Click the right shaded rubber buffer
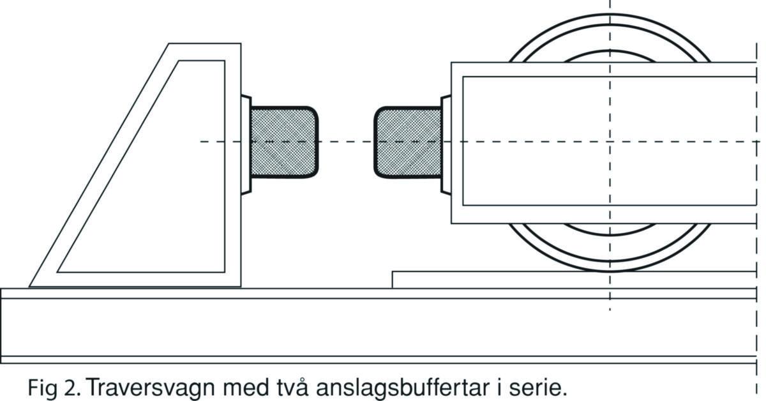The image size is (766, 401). tap(407, 142)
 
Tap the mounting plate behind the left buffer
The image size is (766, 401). tap(246, 144)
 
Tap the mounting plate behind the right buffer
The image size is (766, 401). tap(446, 144)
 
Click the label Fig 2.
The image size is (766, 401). tap(52, 387)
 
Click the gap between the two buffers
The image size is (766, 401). tap(345, 142)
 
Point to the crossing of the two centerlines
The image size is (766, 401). tap(610, 141)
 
